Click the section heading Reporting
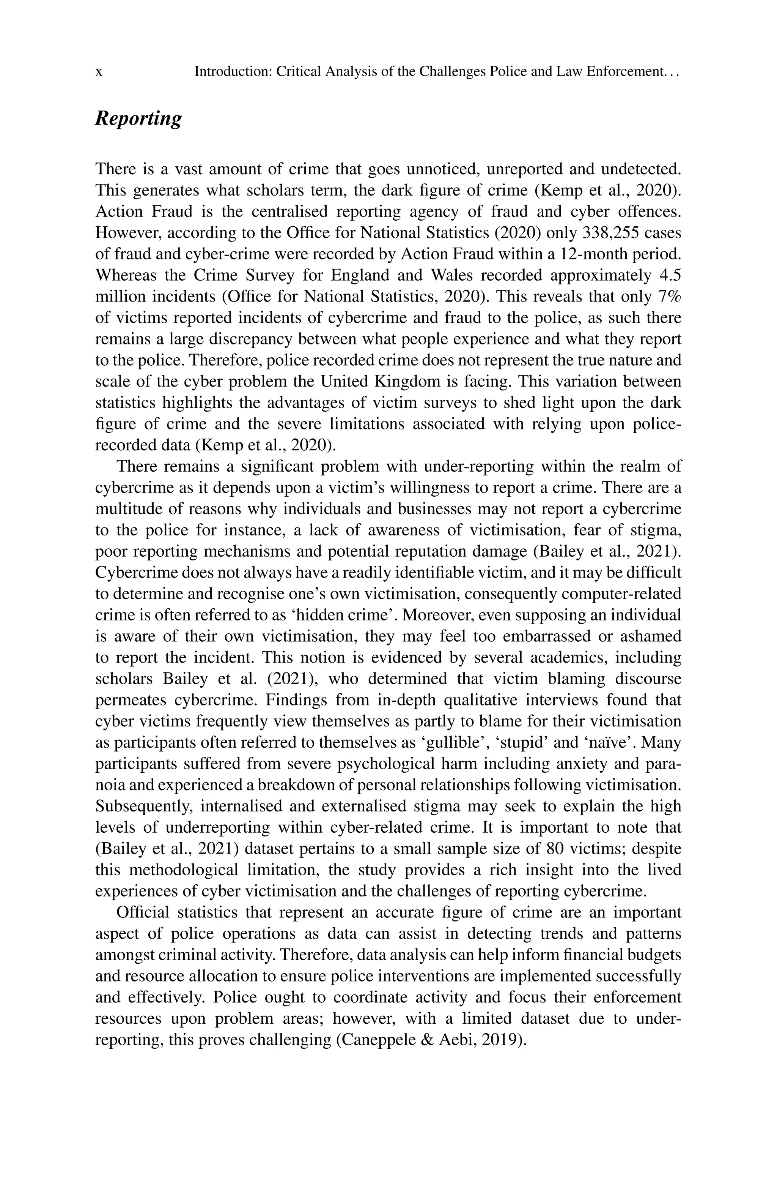click(x=138, y=119)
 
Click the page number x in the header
click(x=99, y=72)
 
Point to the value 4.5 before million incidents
click(x=670, y=275)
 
